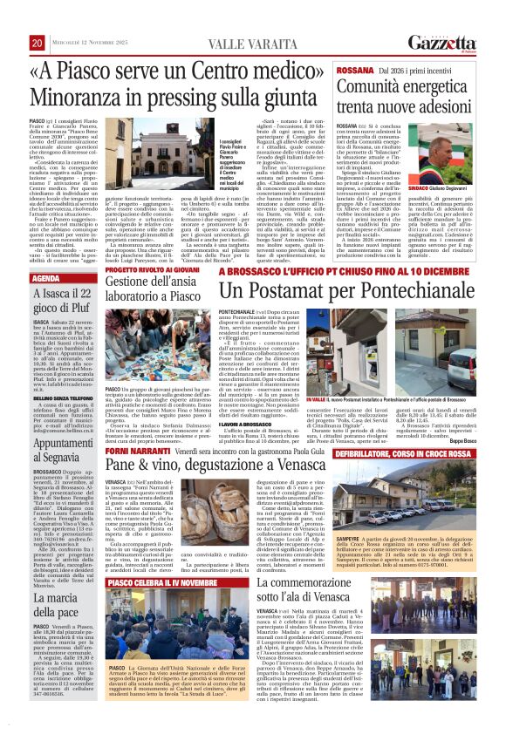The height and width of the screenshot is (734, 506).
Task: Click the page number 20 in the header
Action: pyautogui.click(x=37, y=43)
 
